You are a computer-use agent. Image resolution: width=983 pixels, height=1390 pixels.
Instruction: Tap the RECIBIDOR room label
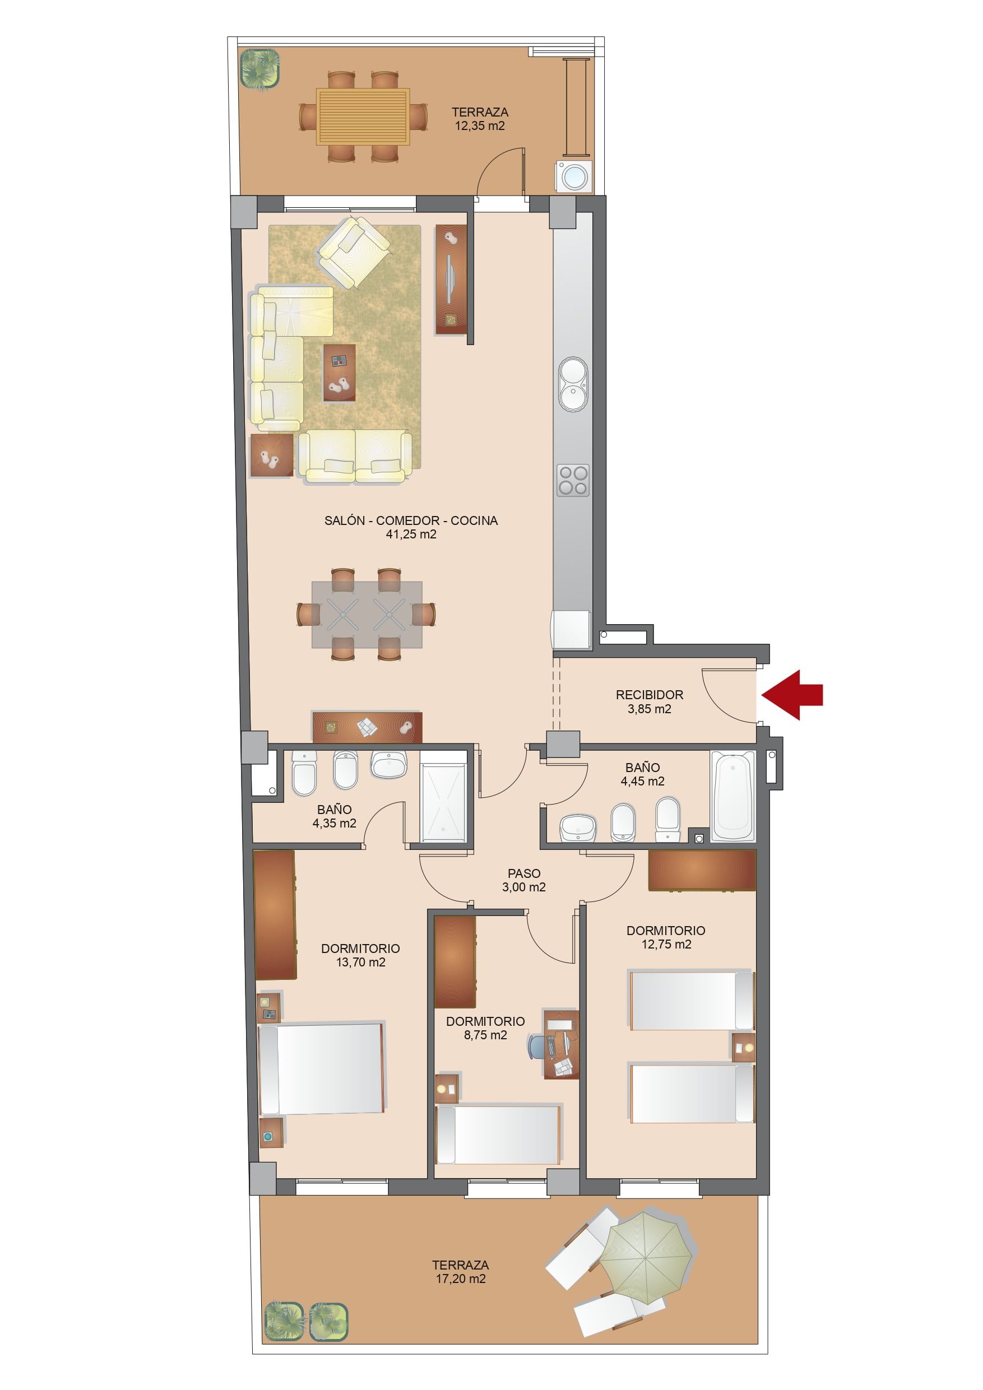tap(650, 695)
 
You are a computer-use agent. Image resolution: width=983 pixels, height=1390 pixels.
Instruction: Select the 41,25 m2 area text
tap(411, 534)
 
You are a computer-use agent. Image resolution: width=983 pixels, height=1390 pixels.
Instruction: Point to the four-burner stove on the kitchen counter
tap(573, 480)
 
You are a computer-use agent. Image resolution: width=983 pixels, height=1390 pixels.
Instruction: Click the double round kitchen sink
tap(572, 384)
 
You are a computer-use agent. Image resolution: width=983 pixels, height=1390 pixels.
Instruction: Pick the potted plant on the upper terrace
tap(261, 69)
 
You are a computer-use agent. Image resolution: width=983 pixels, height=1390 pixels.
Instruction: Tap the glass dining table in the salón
tap(367, 615)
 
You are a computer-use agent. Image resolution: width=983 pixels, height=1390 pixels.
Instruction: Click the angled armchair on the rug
tap(354, 253)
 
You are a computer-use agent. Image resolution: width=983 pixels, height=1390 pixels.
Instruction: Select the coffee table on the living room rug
tap(339, 373)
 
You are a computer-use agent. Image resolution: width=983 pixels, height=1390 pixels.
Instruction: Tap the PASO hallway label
tap(524, 873)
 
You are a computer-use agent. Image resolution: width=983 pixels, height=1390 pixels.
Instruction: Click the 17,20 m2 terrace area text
tap(460, 1279)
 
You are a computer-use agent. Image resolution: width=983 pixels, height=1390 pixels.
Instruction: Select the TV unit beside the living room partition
tap(451, 280)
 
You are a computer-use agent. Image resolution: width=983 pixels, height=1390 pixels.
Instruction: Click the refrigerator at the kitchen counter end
tap(571, 630)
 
